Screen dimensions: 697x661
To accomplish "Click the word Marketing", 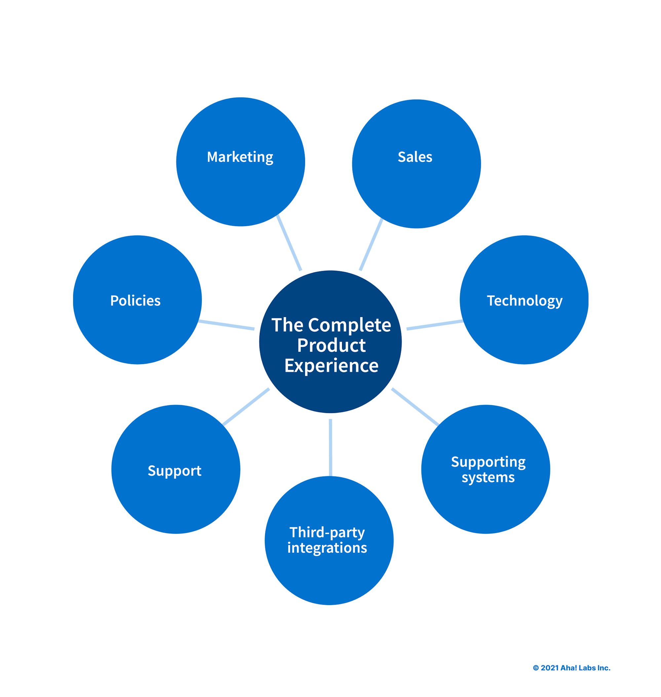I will click(x=240, y=157).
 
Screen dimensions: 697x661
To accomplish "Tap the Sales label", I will click(x=415, y=157).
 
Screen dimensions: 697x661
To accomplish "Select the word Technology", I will click(x=524, y=301).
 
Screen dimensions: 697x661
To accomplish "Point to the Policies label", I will click(x=135, y=301).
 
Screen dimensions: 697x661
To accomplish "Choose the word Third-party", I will click(x=327, y=532).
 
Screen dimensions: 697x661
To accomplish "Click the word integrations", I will click(x=327, y=548).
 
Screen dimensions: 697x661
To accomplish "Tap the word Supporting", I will click(x=488, y=462).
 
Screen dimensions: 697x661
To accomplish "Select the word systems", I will click(x=488, y=477).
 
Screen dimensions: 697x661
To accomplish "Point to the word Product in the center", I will click(x=331, y=345).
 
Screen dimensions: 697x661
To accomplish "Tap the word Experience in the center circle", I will click(x=331, y=366).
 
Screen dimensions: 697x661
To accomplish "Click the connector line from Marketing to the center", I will click(x=289, y=243).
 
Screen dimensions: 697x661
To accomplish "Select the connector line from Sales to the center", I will click(x=371, y=244).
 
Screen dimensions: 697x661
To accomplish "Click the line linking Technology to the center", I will click(x=435, y=325).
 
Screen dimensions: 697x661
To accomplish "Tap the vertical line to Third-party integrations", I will click(x=330, y=447).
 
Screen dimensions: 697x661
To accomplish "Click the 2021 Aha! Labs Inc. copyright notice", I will click(x=571, y=668).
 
